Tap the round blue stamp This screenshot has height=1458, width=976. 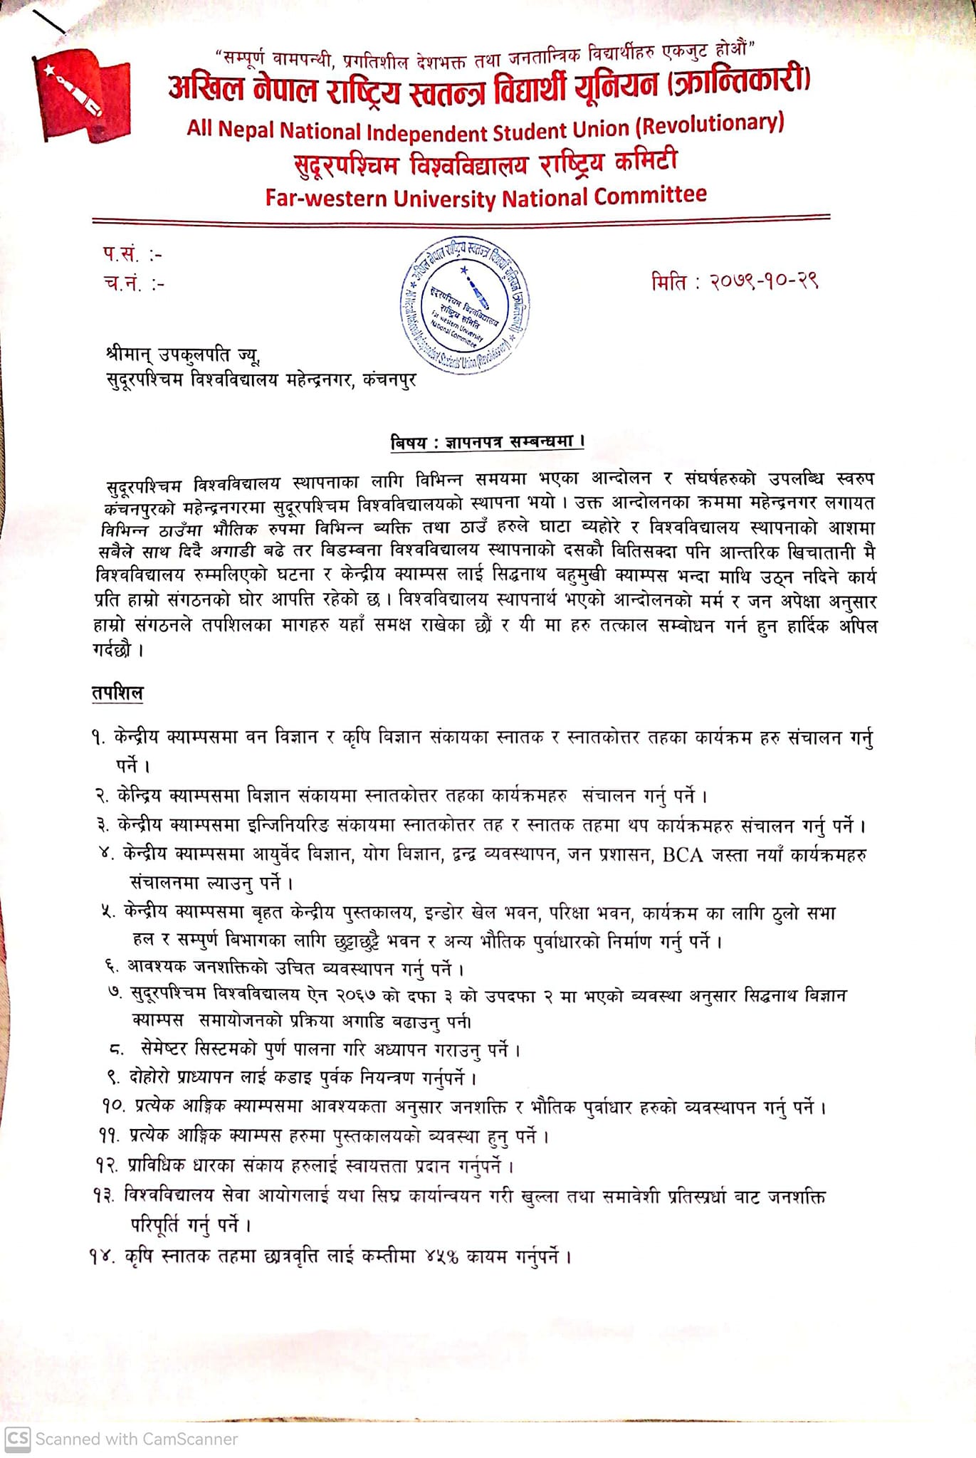click(x=464, y=305)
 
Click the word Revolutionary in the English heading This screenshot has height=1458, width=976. click(x=712, y=124)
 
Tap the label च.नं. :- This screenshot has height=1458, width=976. click(x=134, y=283)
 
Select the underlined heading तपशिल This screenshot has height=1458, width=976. click(x=117, y=693)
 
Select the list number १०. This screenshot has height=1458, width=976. click(x=114, y=1107)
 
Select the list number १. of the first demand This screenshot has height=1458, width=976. click(x=98, y=738)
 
